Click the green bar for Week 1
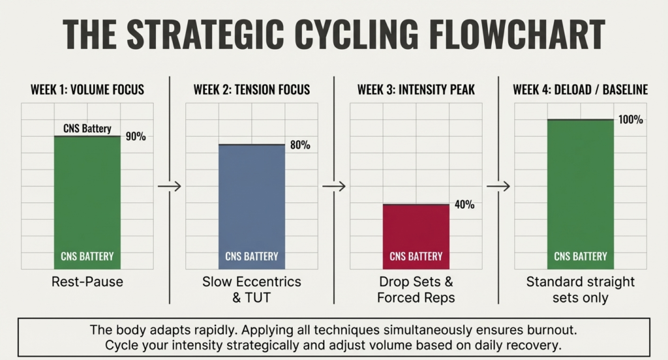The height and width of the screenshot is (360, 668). click(87, 202)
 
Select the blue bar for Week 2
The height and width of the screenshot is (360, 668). click(251, 206)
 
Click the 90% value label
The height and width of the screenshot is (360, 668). click(135, 137)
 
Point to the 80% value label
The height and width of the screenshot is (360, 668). click(299, 145)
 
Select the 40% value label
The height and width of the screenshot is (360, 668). click(464, 205)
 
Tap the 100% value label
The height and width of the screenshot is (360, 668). click(631, 120)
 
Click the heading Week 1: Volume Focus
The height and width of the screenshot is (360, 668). click(87, 89)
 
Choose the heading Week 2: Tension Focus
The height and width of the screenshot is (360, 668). click(251, 89)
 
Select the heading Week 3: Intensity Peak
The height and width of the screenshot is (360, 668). click(416, 89)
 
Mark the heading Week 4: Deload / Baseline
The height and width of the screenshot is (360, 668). click(580, 89)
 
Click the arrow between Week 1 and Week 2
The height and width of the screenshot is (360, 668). click(169, 186)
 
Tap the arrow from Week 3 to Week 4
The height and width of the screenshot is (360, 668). click(498, 186)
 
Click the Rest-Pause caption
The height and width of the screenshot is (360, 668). click(87, 282)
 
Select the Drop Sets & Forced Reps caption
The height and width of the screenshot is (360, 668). click(416, 290)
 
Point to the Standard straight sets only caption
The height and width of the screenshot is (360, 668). click(580, 290)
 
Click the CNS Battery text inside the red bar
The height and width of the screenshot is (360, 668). click(416, 256)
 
